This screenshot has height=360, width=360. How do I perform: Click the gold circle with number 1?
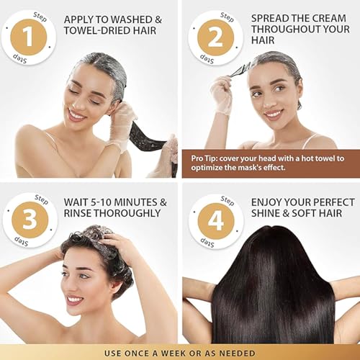[29, 37]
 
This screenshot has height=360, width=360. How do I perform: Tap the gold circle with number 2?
[215, 37]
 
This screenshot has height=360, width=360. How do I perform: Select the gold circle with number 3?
[30, 220]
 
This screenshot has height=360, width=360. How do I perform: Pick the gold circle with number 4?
[216, 221]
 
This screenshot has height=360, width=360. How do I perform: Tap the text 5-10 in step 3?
[102, 202]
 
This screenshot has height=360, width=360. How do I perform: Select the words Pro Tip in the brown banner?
[204, 158]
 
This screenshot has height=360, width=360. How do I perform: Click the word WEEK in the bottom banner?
[174, 354]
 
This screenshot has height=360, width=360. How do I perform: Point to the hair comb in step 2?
[238, 71]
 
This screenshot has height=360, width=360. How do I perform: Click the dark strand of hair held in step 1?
[147, 138]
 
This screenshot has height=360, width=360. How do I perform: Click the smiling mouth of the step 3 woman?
[74, 300]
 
